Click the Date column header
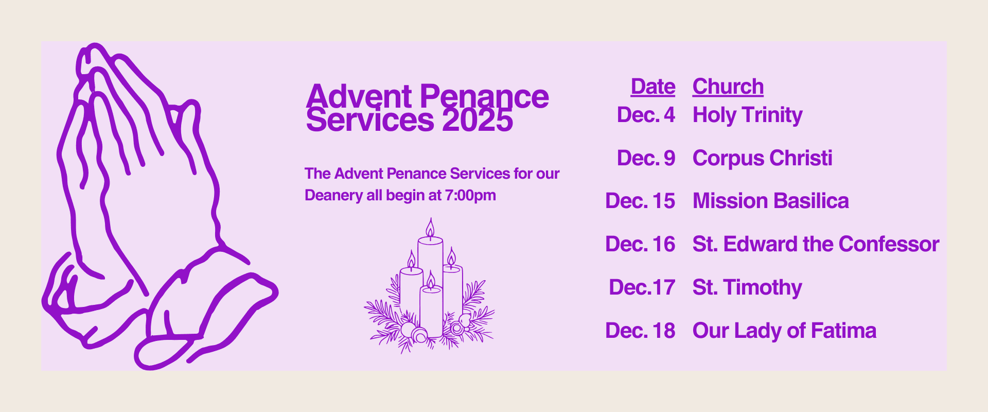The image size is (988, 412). (x=653, y=87)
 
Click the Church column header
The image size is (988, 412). (x=728, y=87)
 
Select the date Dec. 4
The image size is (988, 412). (x=646, y=115)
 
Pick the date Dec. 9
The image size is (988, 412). (x=646, y=158)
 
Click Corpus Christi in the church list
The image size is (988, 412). (x=763, y=158)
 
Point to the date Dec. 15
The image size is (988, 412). (x=640, y=201)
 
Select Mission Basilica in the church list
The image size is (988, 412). (x=771, y=201)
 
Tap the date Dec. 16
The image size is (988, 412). (x=640, y=244)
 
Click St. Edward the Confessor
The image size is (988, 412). (x=816, y=244)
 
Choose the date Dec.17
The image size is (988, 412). (x=642, y=287)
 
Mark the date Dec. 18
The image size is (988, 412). (x=640, y=331)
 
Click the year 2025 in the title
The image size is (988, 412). (x=478, y=121)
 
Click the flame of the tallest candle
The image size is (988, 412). (x=430, y=228)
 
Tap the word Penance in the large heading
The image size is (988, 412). (x=485, y=97)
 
